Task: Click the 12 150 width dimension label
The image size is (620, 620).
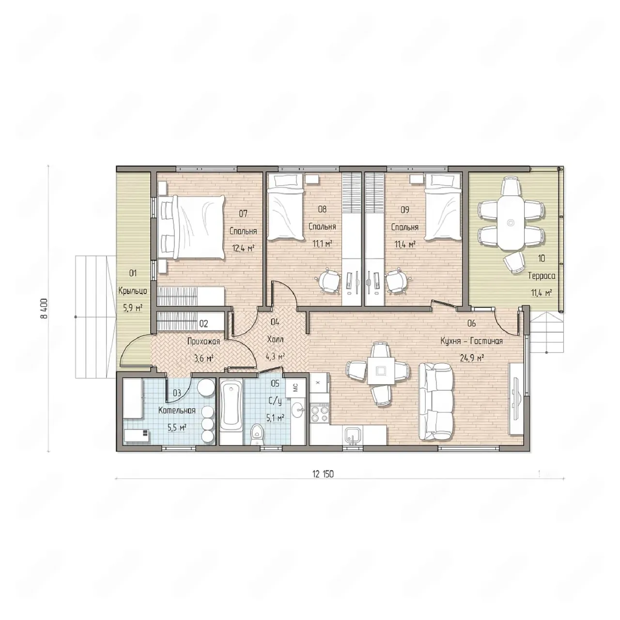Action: pos(323,474)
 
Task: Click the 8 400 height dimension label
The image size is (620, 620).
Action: pos(44,309)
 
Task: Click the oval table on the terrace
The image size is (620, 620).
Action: pos(511,222)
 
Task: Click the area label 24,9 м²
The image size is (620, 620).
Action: pos(472,358)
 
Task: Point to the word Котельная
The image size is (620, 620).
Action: pos(177,410)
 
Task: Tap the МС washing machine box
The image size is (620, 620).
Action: pos(295,387)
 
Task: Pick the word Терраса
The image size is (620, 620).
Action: pos(542,276)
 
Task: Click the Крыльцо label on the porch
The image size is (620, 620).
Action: pos(133,291)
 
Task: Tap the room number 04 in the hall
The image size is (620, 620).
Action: pos(275,322)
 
